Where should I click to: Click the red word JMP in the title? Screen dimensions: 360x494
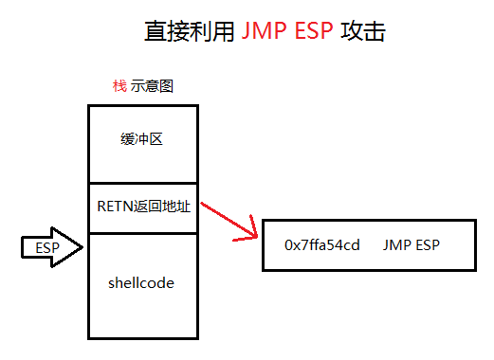point(263,31)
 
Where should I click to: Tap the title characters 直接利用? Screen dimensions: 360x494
point(188,31)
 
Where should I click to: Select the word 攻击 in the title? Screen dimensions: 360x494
point(363,31)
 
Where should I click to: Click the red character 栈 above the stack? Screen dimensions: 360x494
point(119,85)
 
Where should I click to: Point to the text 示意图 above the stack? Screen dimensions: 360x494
point(152,85)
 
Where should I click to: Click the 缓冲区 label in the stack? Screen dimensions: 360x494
point(142,139)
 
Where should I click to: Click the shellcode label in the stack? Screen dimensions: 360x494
point(142,282)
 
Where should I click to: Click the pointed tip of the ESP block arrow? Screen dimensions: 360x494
point(83,247)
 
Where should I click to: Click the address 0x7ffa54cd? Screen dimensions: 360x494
point(322,245)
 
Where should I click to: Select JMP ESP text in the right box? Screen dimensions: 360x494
point(412,245)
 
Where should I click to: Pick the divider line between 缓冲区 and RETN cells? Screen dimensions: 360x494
point(142,183)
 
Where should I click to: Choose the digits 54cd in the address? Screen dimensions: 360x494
point(345,245)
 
